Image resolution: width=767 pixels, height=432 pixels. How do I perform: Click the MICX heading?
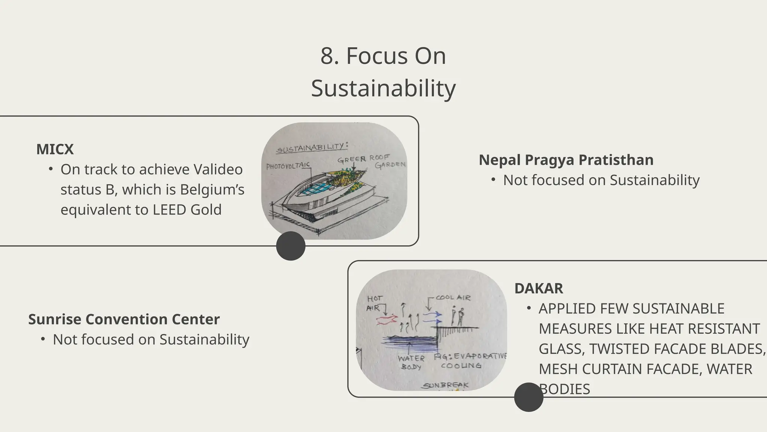point(55,149)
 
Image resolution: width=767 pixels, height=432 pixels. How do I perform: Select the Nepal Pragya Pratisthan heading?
point(566,160)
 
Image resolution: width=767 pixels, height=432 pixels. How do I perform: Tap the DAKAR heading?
point(539,288)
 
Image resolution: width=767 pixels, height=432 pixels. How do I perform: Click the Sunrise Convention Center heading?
point(124,319)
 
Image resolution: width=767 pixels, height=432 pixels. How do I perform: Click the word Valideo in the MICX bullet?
point(218,169)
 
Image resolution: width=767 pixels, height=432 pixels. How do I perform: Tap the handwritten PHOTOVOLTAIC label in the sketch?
point(288,165)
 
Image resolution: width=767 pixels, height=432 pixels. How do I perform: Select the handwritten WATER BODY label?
point(411,362)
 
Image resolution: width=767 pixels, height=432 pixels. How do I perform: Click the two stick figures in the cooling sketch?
point(457,316)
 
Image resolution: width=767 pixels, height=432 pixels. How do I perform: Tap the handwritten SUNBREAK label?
point(445,385)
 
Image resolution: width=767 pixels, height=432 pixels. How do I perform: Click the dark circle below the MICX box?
point(291,246)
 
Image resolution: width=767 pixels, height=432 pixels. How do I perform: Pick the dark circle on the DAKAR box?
point(528,397)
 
